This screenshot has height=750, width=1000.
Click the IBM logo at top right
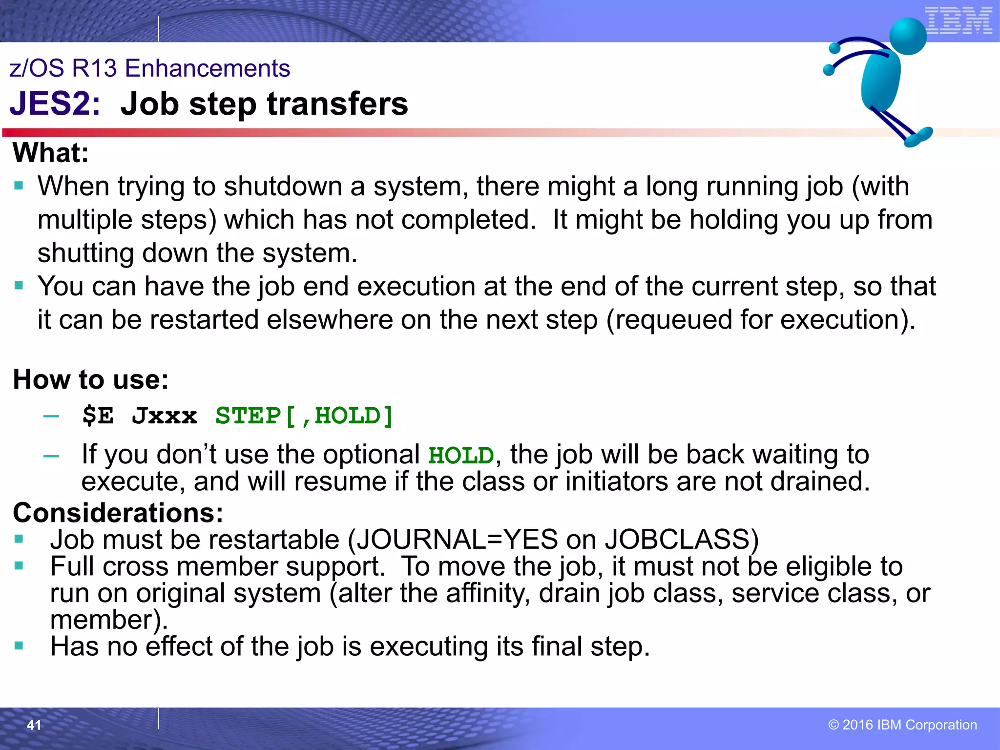(x=958, y=21)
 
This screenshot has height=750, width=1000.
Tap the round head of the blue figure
(x=908, y=36)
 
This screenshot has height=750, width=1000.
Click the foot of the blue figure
(x=918, y=137)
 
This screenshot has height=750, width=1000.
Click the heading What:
(x=51, y=153)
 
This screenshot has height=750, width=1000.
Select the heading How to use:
(x=91, y=379)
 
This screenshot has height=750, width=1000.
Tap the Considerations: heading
(x=118, y=513)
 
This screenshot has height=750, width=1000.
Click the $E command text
(x=98, y=416)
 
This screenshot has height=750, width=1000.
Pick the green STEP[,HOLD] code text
(x=304, y=416)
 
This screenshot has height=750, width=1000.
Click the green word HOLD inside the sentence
(x=461, y=456)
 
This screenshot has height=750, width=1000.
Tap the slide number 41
(x=34, y=725)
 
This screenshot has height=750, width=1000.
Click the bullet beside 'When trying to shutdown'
(x=19, y=186)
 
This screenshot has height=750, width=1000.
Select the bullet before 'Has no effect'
(x=19, y=646)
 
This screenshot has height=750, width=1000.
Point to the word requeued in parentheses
(x=669, y=320)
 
